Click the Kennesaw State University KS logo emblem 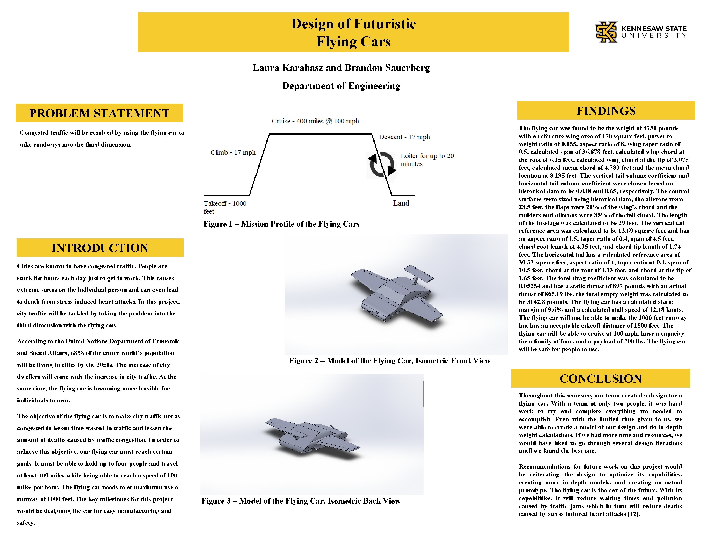coord(606,32)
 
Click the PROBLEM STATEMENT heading coord(99,113)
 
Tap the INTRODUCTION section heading coord(100,248)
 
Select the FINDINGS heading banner coord(606,111)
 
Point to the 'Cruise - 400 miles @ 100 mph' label coord(315,121)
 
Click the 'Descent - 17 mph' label coord(404,137)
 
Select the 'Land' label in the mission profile coord(401,203)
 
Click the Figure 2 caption coord(390,361)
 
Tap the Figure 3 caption coord(301,501)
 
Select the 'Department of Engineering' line coord(341,86)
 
